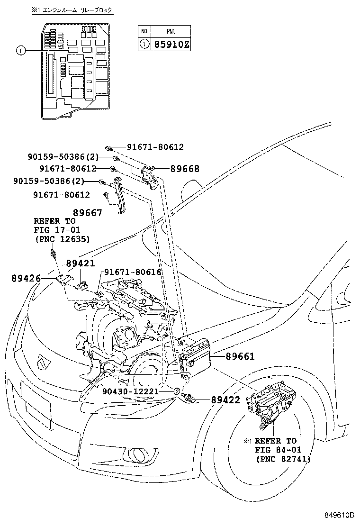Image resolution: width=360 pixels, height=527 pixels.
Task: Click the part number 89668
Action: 184,169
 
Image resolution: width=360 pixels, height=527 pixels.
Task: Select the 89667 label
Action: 88,213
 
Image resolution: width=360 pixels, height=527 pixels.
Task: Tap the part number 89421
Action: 80,263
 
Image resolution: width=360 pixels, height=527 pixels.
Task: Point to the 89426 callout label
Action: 26,278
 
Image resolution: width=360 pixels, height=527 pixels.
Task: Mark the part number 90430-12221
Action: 130,391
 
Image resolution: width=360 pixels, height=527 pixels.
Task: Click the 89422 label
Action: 225,400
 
